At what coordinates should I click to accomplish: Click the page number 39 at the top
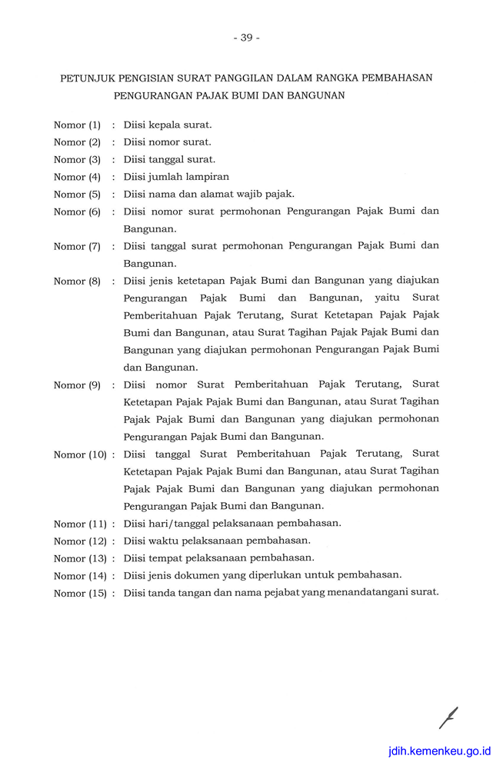[x=246, y=38]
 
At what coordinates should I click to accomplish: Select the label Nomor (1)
[x=77, y=125]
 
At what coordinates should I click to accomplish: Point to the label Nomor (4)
[x=77, y=177]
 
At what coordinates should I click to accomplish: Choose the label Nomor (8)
[x=77, y=281]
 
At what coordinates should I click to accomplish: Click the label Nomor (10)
[x=80, y=455]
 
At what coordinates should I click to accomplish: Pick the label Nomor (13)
[x=80, y=559]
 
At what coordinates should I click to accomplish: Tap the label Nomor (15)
[x=80, y=593]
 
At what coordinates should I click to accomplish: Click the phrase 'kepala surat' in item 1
[x=182, y=125]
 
